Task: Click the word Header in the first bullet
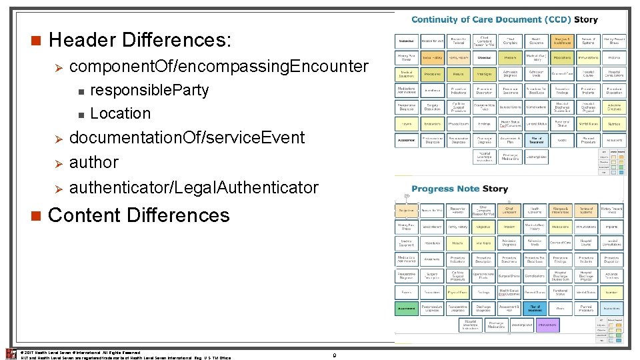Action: tap(82, 40)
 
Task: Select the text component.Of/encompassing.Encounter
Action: tap(219, 67)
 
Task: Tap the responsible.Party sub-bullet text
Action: tap(149, 90)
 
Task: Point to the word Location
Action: tap(120, 113)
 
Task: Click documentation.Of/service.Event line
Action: tap(187, 138)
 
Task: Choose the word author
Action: tap(94, 162)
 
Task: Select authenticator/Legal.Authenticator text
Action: tap(194, 188)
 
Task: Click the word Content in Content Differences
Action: tap(85, 215)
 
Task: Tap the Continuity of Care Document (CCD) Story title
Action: tap(505, 20)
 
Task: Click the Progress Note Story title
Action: tap(459, 189)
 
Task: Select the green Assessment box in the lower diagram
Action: tap(407, 309)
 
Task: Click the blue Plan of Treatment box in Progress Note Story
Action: tap(535, 309)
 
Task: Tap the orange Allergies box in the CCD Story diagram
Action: tap(561, 41)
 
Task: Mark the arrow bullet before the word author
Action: tap(57, 163)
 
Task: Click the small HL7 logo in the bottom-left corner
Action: tap(10, 354)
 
